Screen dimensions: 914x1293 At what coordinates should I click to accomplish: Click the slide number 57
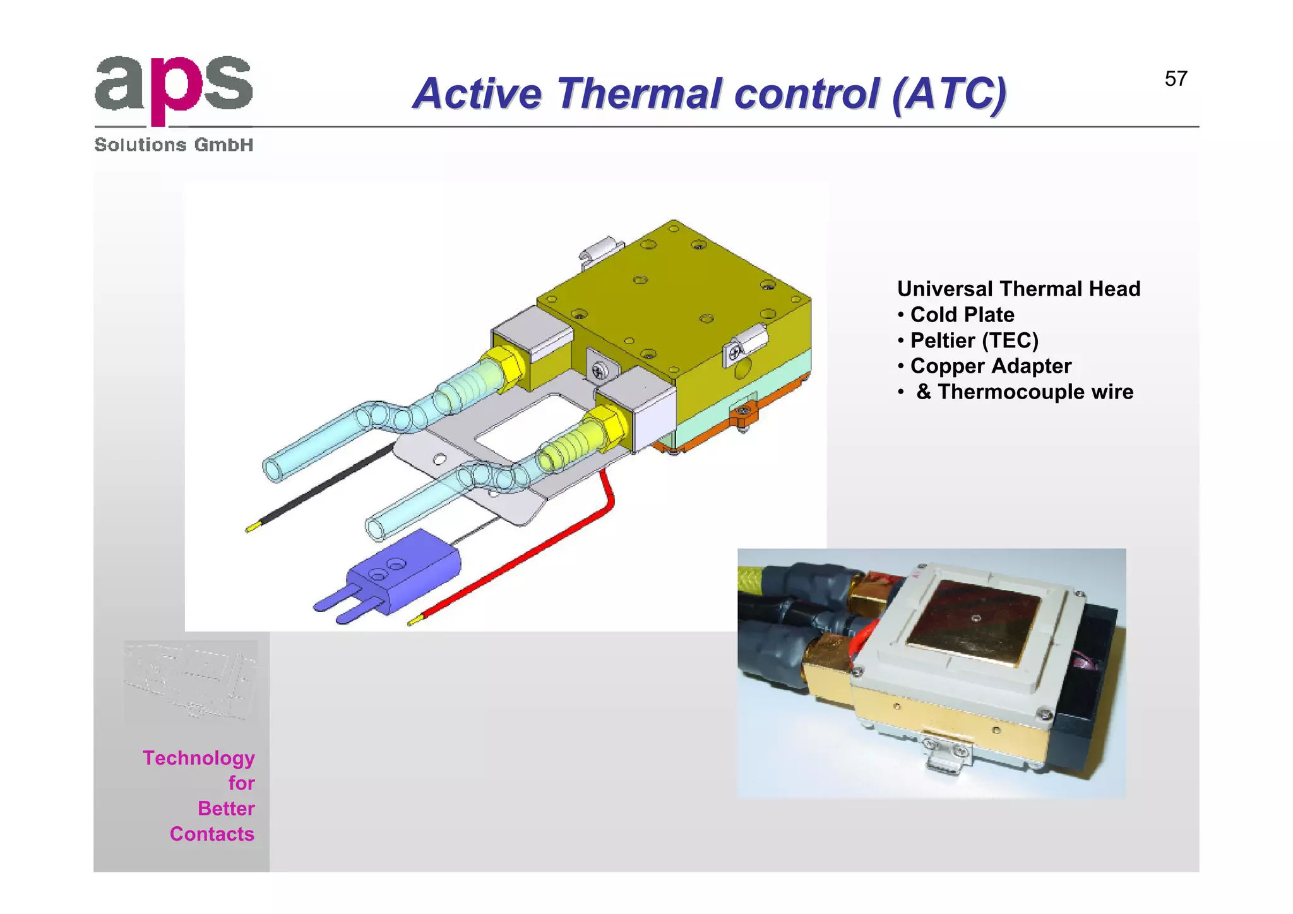click(1176, 79)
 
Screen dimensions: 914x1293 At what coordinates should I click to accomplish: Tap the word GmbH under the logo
click(223, 145)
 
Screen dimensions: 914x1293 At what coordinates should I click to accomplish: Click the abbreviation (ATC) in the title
click(949, 94)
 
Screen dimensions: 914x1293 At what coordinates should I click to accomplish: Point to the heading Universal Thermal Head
click(1018, 289)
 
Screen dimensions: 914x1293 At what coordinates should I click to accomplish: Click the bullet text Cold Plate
click(962, 315)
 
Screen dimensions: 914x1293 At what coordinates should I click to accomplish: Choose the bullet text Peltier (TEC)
click(974, 340)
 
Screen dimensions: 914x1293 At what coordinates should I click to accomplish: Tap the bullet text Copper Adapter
click(990, 366)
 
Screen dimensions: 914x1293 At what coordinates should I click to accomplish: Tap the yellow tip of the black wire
click(252, 527)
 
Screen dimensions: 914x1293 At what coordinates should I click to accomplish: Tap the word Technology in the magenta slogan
click(198, 758)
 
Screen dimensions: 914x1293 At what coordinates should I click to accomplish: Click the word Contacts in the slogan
click(212, 834)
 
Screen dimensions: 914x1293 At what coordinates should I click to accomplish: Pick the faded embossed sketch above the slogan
click(191, 681)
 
